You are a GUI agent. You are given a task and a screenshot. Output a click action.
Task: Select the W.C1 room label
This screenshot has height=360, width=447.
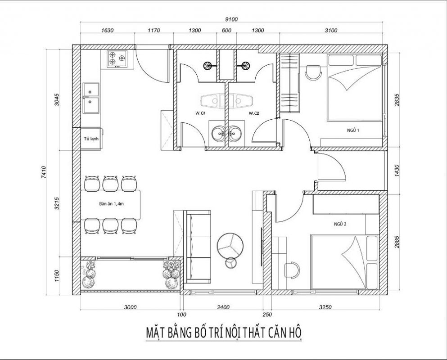click(x=200, y=114)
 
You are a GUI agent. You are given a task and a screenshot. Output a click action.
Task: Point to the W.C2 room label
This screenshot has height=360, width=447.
click(x=254, y=114)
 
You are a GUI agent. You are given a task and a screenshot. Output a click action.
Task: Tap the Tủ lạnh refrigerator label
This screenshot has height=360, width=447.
click(x=90, y=139)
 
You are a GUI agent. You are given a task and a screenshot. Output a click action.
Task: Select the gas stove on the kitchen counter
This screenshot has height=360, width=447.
click(x=117, y=59)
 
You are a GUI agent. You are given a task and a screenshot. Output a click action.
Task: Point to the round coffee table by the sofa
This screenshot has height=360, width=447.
click(x=230, y=243)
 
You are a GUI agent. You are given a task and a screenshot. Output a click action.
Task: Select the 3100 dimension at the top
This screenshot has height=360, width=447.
click(x=331, y=31)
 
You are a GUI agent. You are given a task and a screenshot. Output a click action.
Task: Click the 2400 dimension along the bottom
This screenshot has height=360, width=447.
click(x=223, y=307)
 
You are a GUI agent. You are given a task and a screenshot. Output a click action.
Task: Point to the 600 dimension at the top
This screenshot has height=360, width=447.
click(x=226, y=31)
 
